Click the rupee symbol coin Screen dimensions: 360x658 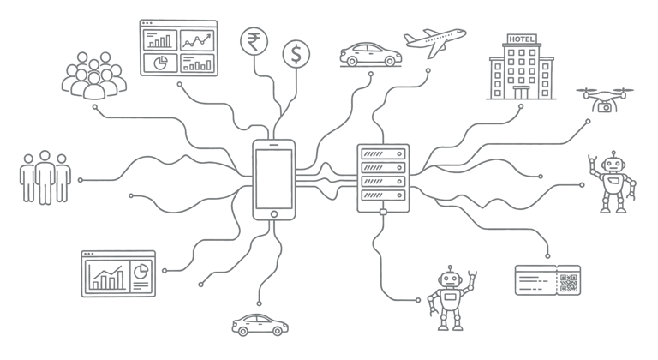[254, 40]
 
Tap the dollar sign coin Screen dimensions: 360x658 [296, 55]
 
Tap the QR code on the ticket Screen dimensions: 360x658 [568, 282]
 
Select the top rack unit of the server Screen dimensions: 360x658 [382, 154]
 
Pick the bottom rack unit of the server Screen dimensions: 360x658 [382, 198]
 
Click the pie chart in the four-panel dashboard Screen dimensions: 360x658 [159, 63]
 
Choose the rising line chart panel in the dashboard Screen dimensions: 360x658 [196, 40]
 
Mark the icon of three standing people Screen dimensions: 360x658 [45, 177]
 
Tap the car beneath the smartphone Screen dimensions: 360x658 [260, 324]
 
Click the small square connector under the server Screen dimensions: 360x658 [382, 212]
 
